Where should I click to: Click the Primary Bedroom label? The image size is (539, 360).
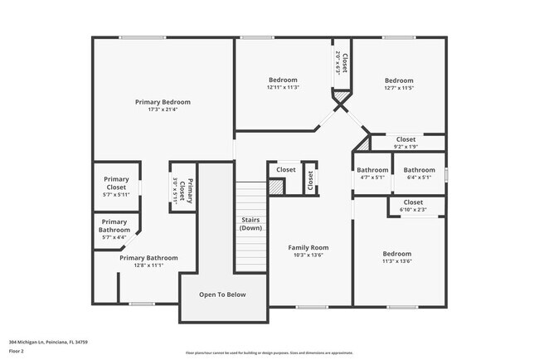(x=163, y=101)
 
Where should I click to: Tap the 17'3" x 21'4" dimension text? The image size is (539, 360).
(x=163, y=109)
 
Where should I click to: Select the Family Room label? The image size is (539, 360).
(x=308, y=247)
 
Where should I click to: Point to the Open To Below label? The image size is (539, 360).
(x=221, y=294)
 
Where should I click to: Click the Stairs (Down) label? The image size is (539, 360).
(x=250, y=223)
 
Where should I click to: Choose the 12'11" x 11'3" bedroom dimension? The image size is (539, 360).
(x=283, y=87)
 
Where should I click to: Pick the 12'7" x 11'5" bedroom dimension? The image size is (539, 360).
(x=399, y=87)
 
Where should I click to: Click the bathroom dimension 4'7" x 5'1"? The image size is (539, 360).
(x=372, y=177)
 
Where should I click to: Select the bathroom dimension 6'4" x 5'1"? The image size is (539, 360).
(x=419, y=177)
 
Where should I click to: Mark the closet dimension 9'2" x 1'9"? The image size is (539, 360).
(x=405, y=147)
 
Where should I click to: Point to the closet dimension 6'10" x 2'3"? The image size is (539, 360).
(x=413, y=210)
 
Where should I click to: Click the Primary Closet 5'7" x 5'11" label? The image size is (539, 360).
(x=116, y=187)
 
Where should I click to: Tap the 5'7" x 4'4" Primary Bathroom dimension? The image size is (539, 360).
(x=114, y=238)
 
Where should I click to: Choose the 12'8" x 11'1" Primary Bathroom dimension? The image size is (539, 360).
(x=148, y=265)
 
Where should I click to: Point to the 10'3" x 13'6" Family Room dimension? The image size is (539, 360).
(x=308, y=255)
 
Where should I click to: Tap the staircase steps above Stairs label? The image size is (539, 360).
(x=250, y=199)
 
